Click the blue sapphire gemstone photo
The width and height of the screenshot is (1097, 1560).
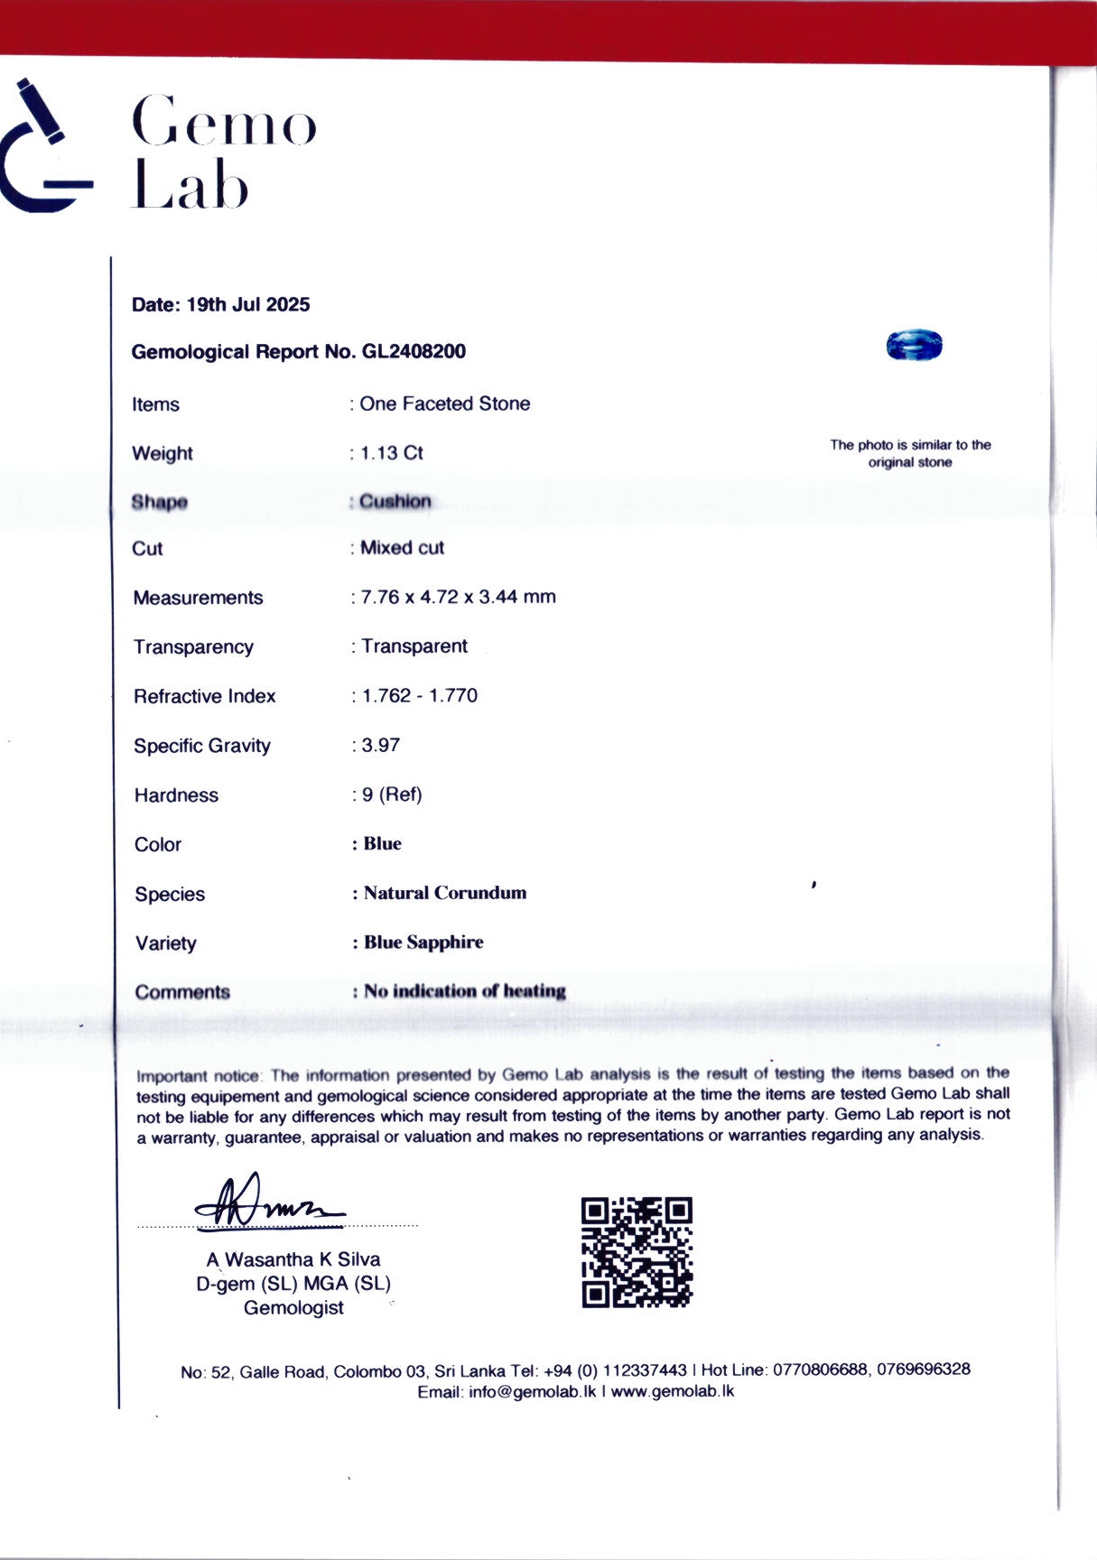914,345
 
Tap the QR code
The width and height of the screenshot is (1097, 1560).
637,1252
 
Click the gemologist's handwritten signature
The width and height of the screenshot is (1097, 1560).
268,1202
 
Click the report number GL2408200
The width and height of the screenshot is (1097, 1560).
414,352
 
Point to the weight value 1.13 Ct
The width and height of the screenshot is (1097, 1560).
392,453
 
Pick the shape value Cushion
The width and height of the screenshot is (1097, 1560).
395,501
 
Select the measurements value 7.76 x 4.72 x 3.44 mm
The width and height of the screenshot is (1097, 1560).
459,597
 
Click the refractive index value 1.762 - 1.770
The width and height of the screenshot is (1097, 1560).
420,696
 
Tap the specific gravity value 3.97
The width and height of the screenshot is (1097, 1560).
381,746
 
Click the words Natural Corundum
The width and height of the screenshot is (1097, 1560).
445,893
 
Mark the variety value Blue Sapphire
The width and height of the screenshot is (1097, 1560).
423,942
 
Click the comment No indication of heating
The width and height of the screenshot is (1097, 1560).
465,991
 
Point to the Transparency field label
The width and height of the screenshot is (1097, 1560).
193,647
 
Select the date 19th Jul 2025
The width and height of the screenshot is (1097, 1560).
247,305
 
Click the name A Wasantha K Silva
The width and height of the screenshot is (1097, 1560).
293,1259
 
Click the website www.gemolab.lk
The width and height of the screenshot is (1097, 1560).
673,1391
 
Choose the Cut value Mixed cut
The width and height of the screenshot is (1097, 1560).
403,548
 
